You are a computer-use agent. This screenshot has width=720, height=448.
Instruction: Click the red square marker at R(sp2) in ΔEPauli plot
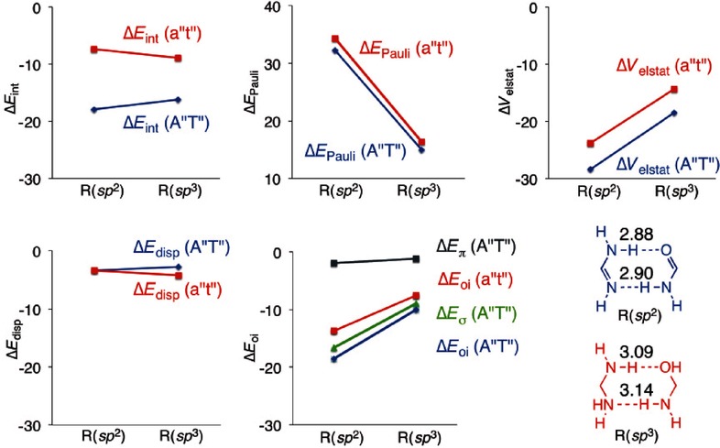tap(334, 38)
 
